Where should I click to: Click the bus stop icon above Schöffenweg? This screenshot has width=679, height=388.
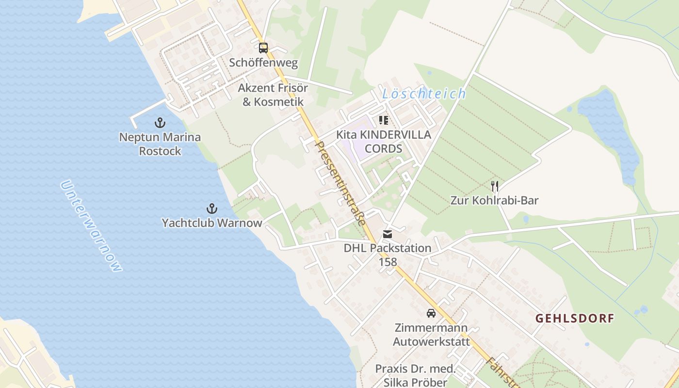pyautogui.click(x=263, y=48)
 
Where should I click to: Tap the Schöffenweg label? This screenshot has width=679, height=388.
pyautogui.click(x=263, y=63)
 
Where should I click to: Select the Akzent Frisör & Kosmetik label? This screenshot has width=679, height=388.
pyautogui.click(x=273, y=95)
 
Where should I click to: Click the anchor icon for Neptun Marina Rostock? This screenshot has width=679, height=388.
pyautogui.click(x=160, y=123)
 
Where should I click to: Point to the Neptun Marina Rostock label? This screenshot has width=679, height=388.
pyautogui.click(x=160, y=144)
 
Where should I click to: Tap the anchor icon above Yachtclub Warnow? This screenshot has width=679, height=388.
pyautogui.click(x=211, y=209)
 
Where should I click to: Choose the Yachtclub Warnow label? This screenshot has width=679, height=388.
pyautogui.click(x=212, y=223)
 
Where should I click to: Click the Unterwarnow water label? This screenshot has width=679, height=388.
pyautogui.click(x=91, y=226)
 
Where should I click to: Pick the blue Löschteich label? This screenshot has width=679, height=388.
pyautogui.click(x=424, y=94)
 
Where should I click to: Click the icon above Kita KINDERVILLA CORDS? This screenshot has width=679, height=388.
pyautogui.click(x=384, y=120)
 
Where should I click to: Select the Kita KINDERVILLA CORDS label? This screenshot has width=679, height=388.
pyautogui.click(x=384, y=142)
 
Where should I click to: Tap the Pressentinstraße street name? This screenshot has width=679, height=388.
pyautogui.click(x=340, y=183)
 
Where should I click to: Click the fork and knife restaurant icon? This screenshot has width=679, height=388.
pyautogui.click(x=495, y=186)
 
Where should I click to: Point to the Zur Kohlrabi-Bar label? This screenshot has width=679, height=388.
pyautogui.click(x=495, y=200)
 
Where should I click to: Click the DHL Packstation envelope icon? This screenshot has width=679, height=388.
pyautogui.click(x=387, y=234)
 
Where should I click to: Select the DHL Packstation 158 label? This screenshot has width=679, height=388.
pyautogui.click(x=388, y=255)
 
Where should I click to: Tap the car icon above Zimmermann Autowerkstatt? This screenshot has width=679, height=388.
pyautogui.click(x=431, y=313)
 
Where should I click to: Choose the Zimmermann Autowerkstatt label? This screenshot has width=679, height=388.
pyautogui.click(x=431, y=335)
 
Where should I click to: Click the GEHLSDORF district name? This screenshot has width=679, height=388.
pyautogui.click(x=575, y=319)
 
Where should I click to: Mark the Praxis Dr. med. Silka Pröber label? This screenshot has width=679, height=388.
pyautogui.click(x=416, y=375)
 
